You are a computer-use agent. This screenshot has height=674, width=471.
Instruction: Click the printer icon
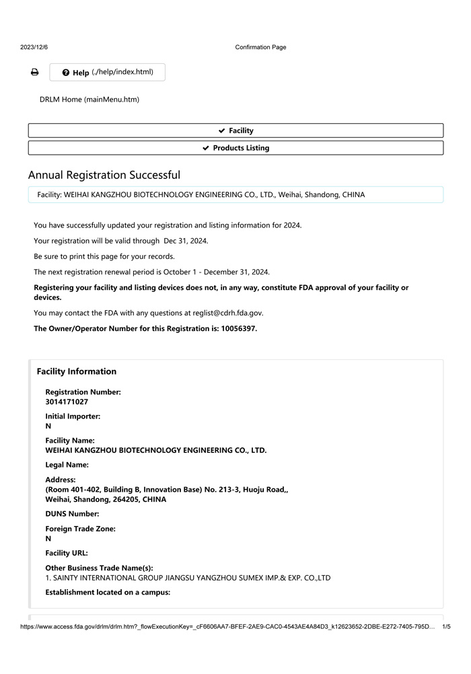[34, 73]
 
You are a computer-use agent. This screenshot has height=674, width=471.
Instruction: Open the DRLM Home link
[89, 100]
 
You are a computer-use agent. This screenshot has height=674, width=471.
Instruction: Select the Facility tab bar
[235, 130]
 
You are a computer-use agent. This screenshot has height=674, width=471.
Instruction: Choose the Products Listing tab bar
[235, 148]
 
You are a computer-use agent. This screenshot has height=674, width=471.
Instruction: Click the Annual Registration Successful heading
[104, 175]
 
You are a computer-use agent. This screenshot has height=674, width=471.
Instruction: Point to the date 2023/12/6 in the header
[34, 47]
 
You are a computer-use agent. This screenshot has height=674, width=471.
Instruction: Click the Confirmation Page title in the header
[260, 47]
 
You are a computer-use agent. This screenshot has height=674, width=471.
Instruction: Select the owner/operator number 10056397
[238, 329]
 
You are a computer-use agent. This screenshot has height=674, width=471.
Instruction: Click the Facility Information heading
[77, 371]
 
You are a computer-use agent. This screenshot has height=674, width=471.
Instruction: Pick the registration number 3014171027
[67, 402]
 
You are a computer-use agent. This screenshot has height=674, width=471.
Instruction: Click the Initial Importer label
[73, 416]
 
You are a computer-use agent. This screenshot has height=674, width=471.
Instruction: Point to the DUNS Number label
[72, 514]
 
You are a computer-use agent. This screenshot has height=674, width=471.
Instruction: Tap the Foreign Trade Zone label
[80, 529]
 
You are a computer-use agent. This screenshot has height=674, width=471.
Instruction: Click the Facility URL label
[67, 553]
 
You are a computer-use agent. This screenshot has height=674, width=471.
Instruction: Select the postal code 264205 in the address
[126, 500]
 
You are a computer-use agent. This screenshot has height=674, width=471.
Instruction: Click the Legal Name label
[67, 465]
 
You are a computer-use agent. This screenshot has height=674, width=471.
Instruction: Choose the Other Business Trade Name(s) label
[99, 568]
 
